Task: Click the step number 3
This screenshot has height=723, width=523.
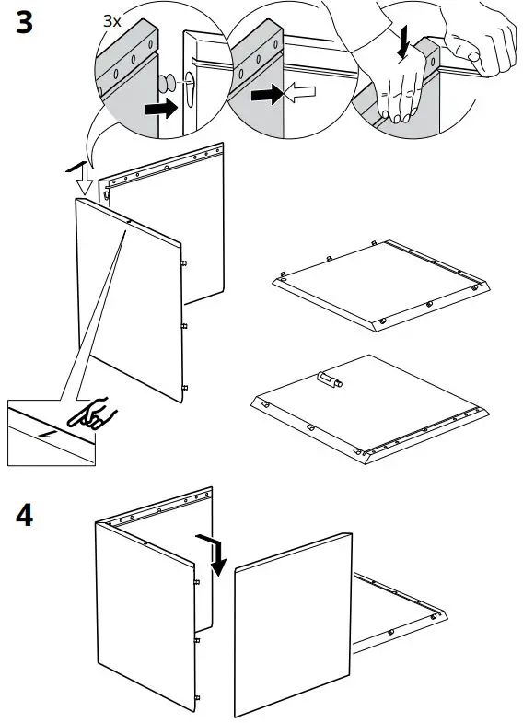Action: [26, 24]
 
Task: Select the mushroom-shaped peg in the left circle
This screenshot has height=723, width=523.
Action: [166, 82]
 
